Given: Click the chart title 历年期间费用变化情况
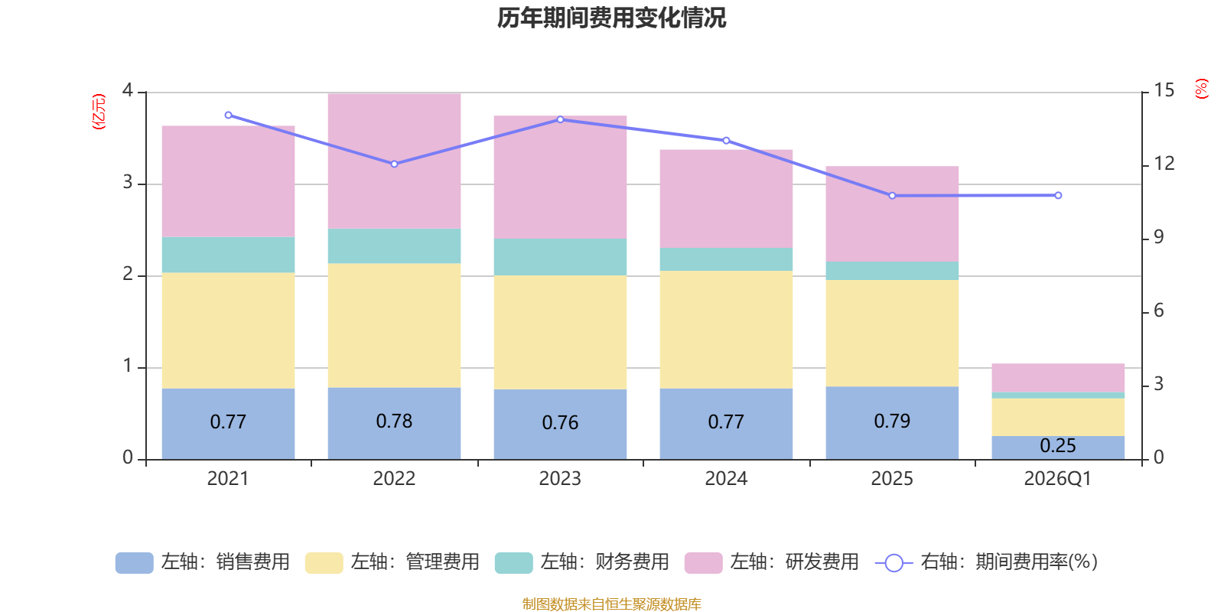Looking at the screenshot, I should pyautogui.click(x=611, y=18).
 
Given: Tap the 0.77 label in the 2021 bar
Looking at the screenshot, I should pyautogui.click(x=228, y=422).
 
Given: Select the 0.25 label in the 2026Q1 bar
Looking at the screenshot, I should pyautogui.click(x=1058, y=445).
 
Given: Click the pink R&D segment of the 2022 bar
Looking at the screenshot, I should pyautogui.click(x=394, y=161).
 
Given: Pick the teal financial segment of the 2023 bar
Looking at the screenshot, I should pyautogui.click(x=560, y=257).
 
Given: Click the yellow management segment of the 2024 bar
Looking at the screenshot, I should pyautogui.click(x=726, y=329).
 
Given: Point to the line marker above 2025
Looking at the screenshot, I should pyautogui.click(x=892, y=196).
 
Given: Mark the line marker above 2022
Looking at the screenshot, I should pyautogui.click(x=394, y=164).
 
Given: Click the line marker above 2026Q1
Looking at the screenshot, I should pyautogui.click(x=1058, y=196).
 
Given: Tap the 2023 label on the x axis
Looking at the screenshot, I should pyautogui.click(x=560, y=479).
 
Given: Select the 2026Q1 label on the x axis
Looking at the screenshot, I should pyautogui.click(x=1058, y=479).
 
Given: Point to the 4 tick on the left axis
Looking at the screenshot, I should pyautogui.click(x=128, y=90).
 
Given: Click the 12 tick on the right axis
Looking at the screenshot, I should pyautogui.click(x=1164, y=164).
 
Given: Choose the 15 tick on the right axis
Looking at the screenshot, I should pyautogui.click(x=1164, y=90).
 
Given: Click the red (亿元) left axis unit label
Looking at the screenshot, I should pyautogui.click(x=99, y=112).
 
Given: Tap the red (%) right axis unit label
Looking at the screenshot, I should pyautogui.click(x=1202, y=89).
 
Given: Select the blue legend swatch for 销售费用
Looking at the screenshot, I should pyautogui.click(x=134, y=562).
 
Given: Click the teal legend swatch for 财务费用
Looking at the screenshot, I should pyautogui.click(x=513, y=562).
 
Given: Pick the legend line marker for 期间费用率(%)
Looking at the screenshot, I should pyautogui.click(x=894, y=563).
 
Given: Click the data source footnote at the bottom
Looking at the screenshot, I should pyautogui.click(x=611, y=604).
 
